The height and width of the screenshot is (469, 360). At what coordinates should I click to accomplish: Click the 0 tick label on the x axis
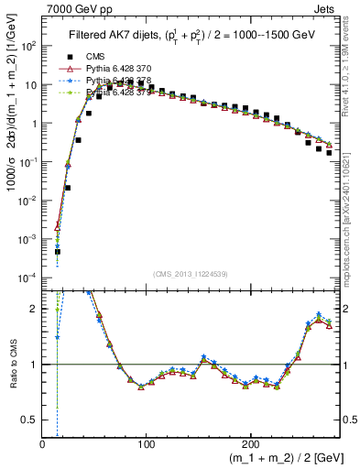click(43, 443)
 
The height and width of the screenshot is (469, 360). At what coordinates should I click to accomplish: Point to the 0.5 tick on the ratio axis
click(31, 420)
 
